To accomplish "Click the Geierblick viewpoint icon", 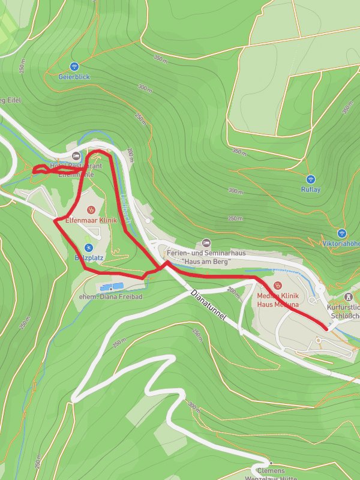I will coord(74,67).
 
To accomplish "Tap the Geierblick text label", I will coord(74,77).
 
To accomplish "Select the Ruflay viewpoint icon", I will coord(310,179).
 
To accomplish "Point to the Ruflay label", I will coord(310,190).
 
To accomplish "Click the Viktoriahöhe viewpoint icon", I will coord(342,233).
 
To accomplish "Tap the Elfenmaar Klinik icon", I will coord(91,210).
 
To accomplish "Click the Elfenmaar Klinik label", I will coord(91,220).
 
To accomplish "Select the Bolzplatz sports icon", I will coord(88,247).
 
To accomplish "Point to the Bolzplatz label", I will coord(86,257).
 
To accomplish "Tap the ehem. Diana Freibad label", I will coord(110,296).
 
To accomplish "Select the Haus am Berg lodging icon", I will coord(206,242).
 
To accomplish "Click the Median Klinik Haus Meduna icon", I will coord(277,286).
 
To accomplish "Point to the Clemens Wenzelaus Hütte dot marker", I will coord(271,463).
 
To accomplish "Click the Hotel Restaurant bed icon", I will coord(75,155).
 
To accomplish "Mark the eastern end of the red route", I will coord(325,329).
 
